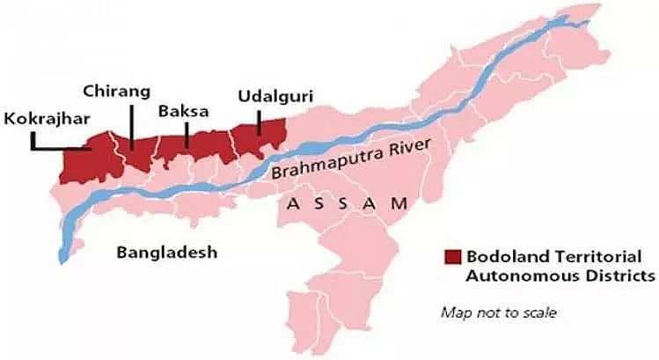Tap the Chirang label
point(117,91)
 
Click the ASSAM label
point(348,202)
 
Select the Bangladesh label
point(165,253)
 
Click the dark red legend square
point(452,257)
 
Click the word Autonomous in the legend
point(513,276)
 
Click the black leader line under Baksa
point(187,133)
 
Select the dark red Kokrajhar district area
point(84,163)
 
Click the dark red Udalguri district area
point(264,141)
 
